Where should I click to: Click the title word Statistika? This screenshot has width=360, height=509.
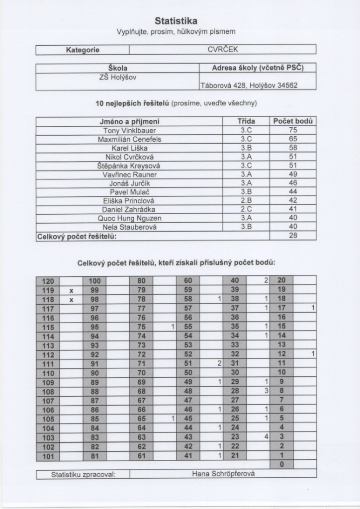pos(176,21)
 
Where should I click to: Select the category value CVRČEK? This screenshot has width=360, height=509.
pos(223,50)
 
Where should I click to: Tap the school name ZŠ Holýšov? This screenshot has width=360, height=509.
pos(118,77)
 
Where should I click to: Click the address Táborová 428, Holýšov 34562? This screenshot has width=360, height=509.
pos(249,85)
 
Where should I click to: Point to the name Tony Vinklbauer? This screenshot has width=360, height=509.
pos(129,131)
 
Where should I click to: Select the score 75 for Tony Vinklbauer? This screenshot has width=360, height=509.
pos(293,131)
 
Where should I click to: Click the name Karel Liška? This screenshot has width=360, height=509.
pos(129,148)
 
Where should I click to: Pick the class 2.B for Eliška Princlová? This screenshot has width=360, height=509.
pos(246,201)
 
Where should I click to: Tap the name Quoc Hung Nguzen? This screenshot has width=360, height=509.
pos(129,218)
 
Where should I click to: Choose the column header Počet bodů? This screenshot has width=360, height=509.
pos(293,121)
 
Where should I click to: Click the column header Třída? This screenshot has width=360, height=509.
pos(246,121)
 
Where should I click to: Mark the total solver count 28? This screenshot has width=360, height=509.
pos(293,236)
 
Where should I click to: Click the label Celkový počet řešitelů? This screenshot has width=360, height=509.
pos(77,236)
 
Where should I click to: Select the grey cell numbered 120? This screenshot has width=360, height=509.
pos(48,281)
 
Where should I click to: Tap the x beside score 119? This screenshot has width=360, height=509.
pos(71,290)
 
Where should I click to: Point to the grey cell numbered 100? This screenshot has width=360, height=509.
pos(94,281)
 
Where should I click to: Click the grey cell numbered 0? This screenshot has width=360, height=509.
pos(281,464)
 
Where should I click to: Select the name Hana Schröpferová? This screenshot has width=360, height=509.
pos(223,474)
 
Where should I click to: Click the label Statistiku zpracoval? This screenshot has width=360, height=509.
pos(83,474)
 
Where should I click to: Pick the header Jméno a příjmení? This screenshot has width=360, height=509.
pos(129,121)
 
